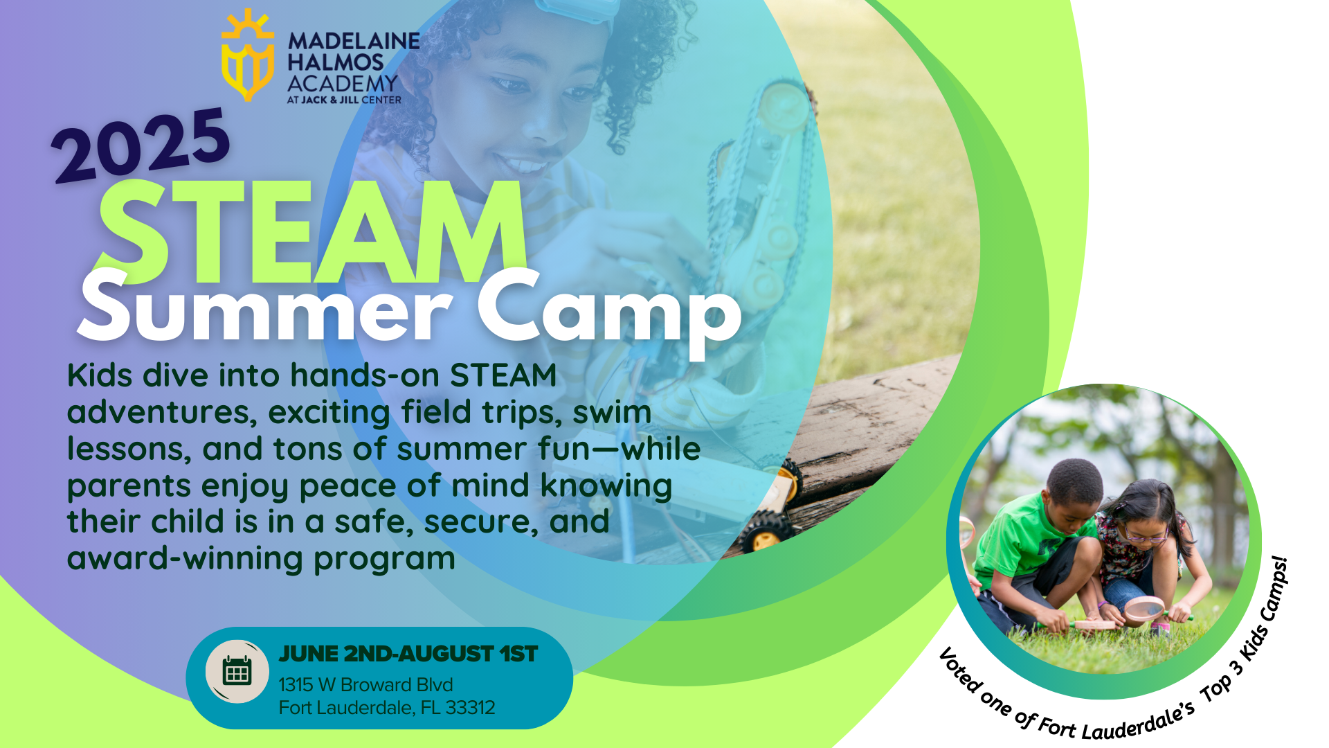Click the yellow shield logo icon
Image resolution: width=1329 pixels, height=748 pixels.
tap(247, 55)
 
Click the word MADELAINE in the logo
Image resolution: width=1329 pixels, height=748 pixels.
tap(354, 41)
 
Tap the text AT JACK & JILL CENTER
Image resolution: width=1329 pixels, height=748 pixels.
tap(344, 100)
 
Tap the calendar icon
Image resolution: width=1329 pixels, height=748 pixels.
tap(237, 671)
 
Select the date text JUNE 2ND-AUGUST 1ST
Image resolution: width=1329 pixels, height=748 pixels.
tap(408, 654)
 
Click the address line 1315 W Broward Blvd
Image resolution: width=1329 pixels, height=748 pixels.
tap(365, 684)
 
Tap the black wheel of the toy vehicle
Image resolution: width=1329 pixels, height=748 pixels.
tap(763, 532)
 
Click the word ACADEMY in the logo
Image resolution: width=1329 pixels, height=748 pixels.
tap(343, 84)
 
